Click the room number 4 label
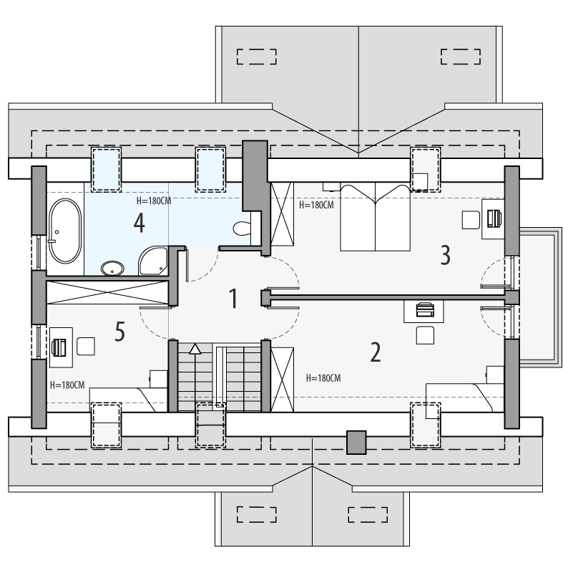click(x=139, y=223)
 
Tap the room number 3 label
click(x=445, y=254)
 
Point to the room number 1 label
click(x=232, y=298)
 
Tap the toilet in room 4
click(x=243, y=228)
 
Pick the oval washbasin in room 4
click(x=113, y=269)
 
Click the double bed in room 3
click(x=373, y=216)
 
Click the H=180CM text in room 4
click(x=154, y=201)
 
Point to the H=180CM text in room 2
click(x=323, y=378)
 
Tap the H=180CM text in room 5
click(x=68, y=385)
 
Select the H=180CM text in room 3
click(x=316, y=205)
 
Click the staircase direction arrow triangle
click(x=195, y=349)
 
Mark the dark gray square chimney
click(x=356, y=442)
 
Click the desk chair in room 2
click(x=426, y=334)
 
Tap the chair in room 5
click(x=87, y=346)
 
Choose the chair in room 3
click(x=471, y=220)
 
